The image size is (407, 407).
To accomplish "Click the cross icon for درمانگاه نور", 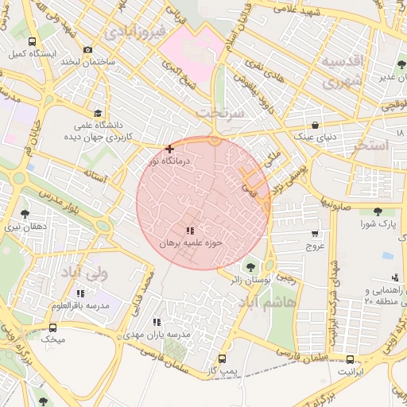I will point(169,149).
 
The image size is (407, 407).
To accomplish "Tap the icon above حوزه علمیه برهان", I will point(189,231).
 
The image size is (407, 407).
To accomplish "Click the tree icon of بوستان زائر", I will point(251,267).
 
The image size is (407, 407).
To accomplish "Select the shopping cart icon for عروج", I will point(316,234).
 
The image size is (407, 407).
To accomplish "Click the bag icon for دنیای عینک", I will point(316,125).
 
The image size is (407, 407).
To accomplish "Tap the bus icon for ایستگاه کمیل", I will point(31,42).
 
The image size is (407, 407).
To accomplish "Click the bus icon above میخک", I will point(53,328).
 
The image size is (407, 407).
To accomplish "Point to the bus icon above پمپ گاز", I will point(222,359).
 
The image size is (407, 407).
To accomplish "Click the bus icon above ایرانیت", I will point(350,359).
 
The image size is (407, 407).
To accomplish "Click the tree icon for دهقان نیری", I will point(25,214).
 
